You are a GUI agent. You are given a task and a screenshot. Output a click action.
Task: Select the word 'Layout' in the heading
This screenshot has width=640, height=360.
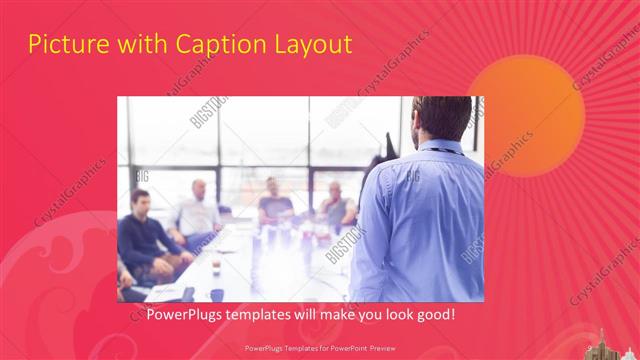[x=317, y=45]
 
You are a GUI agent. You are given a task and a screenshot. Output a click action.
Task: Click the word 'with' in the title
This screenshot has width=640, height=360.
[x=139, y=45]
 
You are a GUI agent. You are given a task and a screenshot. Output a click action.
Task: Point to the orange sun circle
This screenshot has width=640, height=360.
[x=526, y=115]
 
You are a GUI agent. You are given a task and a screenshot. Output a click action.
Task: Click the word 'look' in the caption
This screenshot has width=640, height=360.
[x=407, y=315]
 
